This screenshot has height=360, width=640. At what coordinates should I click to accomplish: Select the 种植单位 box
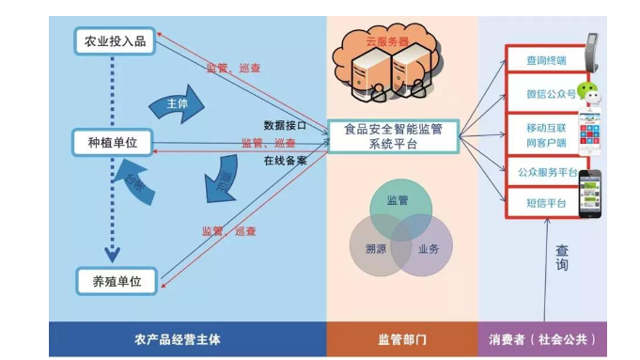tap(112, 142)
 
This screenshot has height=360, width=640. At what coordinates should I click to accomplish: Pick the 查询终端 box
tap(545, 61)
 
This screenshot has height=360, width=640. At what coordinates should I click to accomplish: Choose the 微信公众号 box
tap(545, 94)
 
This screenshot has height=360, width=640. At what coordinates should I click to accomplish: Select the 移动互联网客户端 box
tap(545, 133)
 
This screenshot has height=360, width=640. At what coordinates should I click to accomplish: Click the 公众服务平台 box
tap(545, 172)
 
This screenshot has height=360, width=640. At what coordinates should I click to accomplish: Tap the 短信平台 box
tap(545, 203)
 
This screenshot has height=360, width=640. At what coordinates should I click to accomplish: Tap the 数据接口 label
tap(285, 124)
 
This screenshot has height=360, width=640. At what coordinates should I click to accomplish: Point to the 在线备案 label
tap(285, 160)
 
